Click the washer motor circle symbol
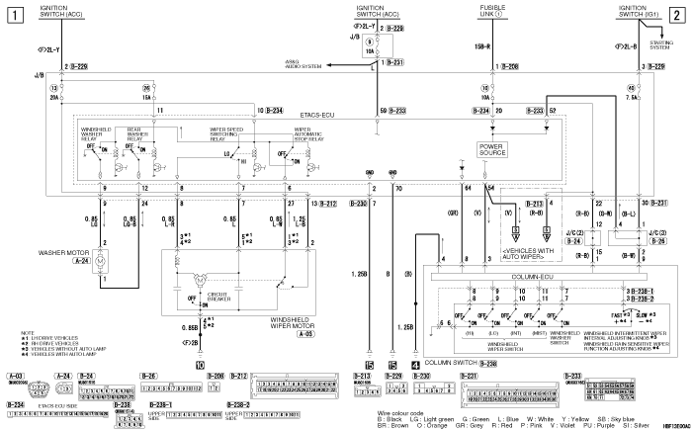click(110, 260)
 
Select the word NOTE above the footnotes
click(14, 332)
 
